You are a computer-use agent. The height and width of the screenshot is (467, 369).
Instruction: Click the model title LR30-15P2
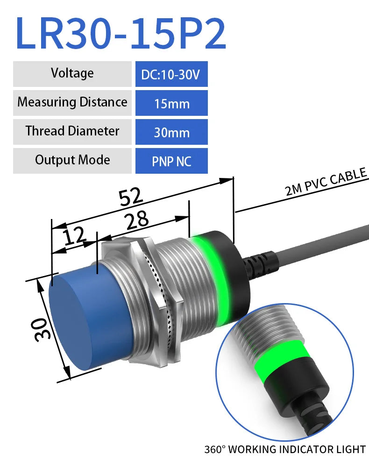click(x=121, y=33)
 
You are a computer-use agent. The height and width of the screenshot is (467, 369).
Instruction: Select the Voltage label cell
click(x=72, y=74)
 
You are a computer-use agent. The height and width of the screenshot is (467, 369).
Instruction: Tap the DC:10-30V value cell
click(x=171, y=74)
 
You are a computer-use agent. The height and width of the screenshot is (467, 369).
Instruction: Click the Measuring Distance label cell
click(x=72, y=102)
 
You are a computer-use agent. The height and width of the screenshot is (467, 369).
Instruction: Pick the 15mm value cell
click(x=171, y=103)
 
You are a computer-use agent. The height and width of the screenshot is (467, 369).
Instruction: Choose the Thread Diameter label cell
click(x=72, y=131)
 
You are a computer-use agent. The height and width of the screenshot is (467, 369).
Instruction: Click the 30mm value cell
click(x=171, y=132)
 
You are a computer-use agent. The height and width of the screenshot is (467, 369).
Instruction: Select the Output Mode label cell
click(x=72, y=160)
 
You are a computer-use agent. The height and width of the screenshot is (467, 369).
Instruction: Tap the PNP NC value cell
click(x=171, y=161)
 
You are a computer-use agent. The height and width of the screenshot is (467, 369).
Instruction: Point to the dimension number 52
click(x=130, y=197)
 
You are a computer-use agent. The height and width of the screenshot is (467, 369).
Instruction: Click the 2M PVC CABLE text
click(x=326, y=183)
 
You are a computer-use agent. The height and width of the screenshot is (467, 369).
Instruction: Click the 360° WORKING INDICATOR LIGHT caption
click(x=284, y=450)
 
